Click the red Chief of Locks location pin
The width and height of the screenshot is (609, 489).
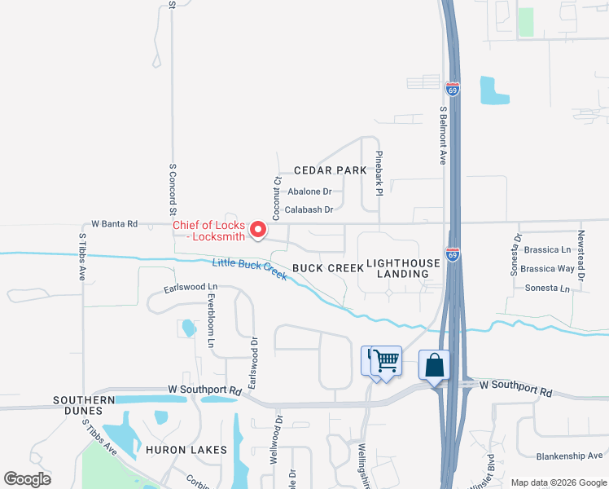pos(258,230)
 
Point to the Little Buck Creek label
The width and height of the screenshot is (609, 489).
pos(249,269)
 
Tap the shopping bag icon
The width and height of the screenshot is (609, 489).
pos(434,365)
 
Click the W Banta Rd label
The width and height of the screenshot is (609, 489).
pos(114,223)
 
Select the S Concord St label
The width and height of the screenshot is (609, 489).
pos(173,187)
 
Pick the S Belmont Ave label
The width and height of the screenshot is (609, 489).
pos(444,135)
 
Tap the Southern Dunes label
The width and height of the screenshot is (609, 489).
pos(84,400)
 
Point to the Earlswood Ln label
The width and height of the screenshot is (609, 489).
pos(191,288)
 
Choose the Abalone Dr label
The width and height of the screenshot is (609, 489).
pos(310,192)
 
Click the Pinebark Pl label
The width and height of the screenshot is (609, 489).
pos(379,174)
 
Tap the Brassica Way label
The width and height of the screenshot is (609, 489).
pos(547,268)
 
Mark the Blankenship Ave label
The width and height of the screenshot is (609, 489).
pos(569,456)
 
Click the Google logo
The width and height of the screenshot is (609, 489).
pos(28,478)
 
